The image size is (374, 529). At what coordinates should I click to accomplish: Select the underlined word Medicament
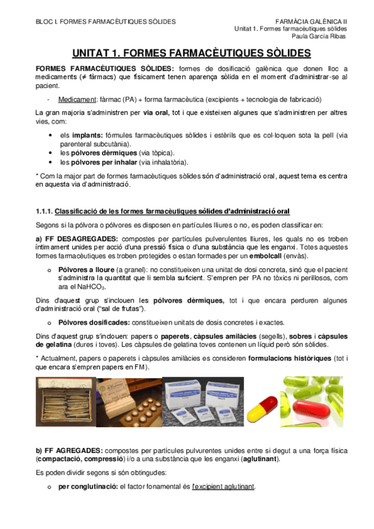[77, 99]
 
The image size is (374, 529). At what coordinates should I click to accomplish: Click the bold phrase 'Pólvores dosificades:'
[94, 323]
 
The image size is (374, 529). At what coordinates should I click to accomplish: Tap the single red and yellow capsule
[261, 405]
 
